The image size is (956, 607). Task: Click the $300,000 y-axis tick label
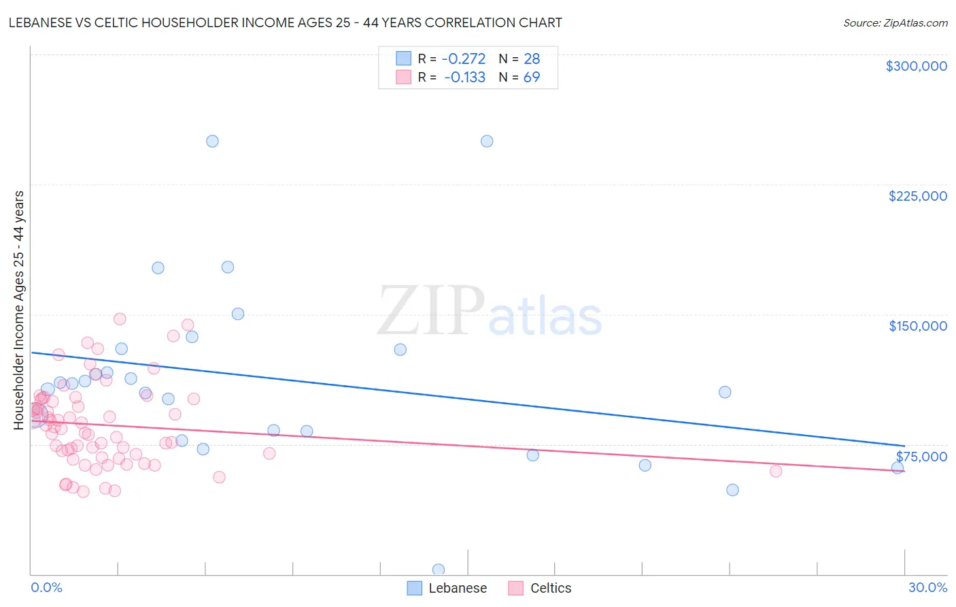916,66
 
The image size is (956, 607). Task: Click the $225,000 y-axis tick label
917,196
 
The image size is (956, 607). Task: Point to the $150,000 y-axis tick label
917,326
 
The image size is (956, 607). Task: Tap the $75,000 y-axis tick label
921,457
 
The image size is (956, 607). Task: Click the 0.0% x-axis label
46,588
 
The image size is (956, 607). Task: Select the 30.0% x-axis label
927,588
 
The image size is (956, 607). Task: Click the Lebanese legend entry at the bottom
457,589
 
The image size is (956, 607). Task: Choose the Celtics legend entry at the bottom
550,589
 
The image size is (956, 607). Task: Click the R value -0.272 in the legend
463,59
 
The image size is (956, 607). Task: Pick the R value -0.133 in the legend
464,78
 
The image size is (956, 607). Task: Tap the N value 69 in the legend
532,78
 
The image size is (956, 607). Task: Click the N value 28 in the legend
532,59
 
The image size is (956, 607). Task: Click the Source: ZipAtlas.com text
895,23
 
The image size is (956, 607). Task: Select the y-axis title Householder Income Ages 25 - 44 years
19,310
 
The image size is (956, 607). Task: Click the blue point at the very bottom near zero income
439,570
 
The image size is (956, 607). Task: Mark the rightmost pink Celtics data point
776,471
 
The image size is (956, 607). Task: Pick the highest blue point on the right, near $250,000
487,142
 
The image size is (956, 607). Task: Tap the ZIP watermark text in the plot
431,312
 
